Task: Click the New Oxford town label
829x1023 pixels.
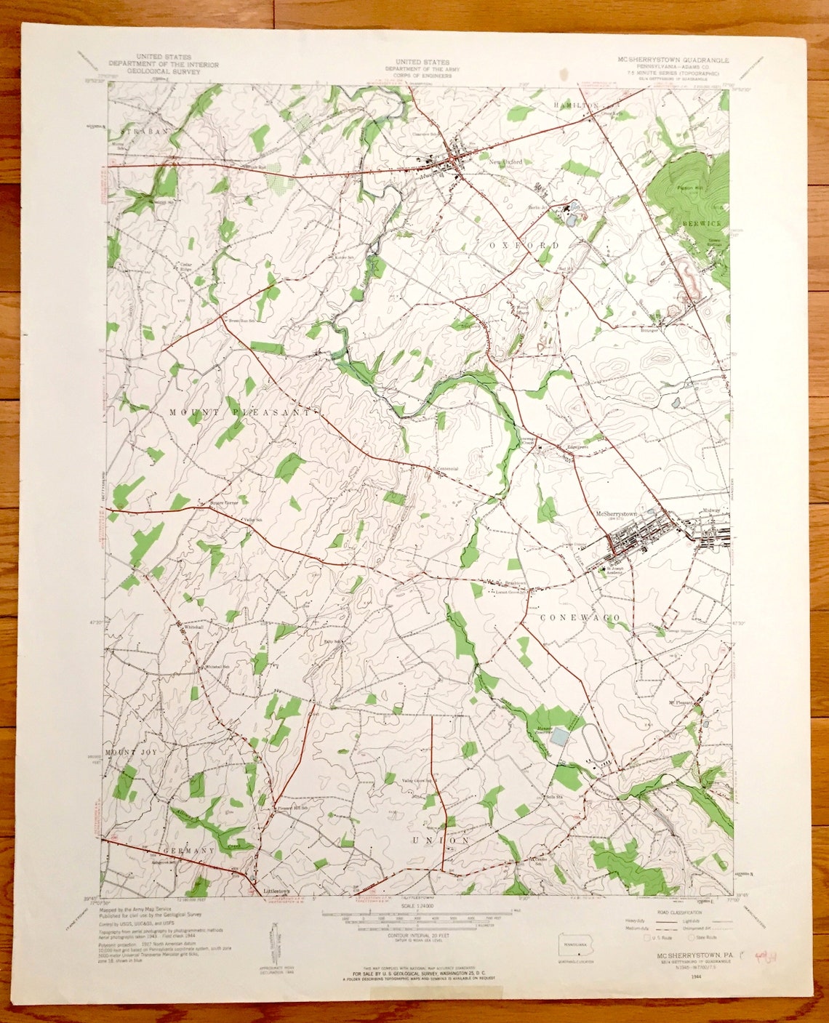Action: pyautogui.click(x=505, y=162)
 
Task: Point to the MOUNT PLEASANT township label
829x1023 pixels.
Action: pyautogui.click(x=240, y=412)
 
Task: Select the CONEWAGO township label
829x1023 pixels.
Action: pyautogui.click(x=580, y=617)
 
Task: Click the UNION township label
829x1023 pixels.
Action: pyautogui.click(x=441, y=841)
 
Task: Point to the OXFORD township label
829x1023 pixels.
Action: pyautogui.click(x=524, y=246)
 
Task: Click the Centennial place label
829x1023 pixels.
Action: pyautogui.click(x=446, y=468)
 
